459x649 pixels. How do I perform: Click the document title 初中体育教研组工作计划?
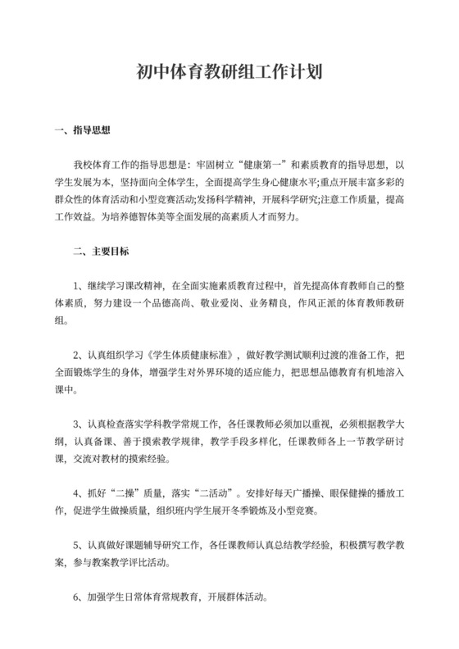pos(229,72)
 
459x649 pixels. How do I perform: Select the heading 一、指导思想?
pos(82,130)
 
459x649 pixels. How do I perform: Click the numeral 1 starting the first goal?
pos(76,286)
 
